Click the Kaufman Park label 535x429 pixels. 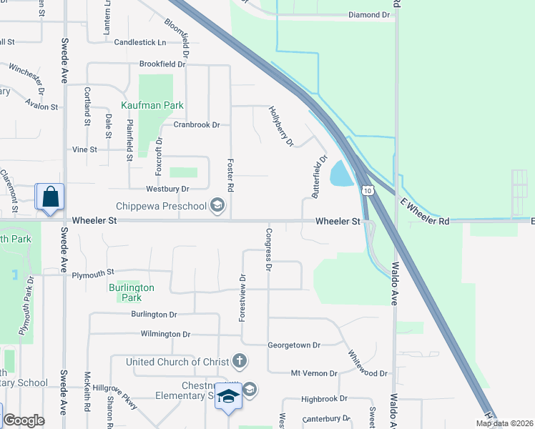coord(152,105)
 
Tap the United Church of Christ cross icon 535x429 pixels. coord(240,362)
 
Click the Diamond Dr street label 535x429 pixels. coord(369,15)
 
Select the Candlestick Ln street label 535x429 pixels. coord(140,42)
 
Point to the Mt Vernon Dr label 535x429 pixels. coord(314,373)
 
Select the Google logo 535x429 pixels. coord(24,420)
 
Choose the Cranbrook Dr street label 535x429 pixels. coord(196,124)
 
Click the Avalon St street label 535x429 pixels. coord(41,106)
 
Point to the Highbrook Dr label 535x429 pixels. coord(323,398)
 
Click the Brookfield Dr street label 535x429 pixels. coord(162,64)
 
